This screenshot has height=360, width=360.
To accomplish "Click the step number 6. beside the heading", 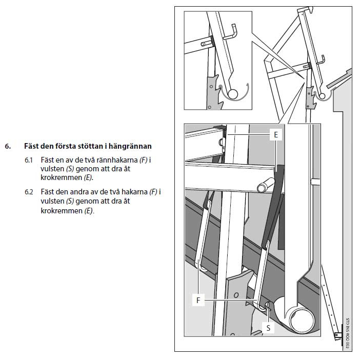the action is [8, 146].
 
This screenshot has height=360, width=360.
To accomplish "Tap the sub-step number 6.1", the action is [29, 160].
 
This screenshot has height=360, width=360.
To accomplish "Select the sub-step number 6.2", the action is [29, 192].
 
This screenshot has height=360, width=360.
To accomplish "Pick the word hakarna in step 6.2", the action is [134, 192].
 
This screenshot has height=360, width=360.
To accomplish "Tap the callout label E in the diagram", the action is [276, 134].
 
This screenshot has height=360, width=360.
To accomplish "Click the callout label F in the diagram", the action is [198, 300].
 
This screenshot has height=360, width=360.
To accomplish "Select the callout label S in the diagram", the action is [268, 328].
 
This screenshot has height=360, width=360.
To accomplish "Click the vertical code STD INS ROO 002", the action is [348, 332].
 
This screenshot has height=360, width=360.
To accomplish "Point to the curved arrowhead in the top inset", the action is [248, 85].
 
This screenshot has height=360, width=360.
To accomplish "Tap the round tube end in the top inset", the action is [233, 94].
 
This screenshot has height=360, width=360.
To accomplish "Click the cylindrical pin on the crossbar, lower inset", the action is [266, 185].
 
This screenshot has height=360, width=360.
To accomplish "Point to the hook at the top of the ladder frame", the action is [311, 10].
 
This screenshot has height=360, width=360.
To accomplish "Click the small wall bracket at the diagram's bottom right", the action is [337, 336].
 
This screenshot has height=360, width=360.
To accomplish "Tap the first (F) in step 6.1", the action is [144, 160].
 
